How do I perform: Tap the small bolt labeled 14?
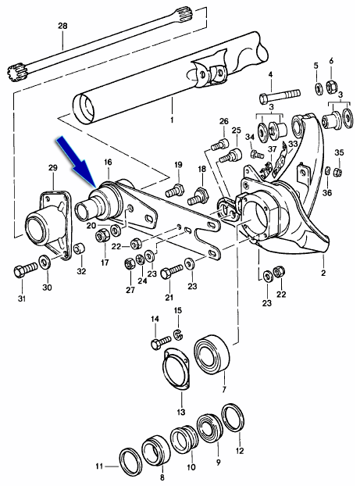159,341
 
